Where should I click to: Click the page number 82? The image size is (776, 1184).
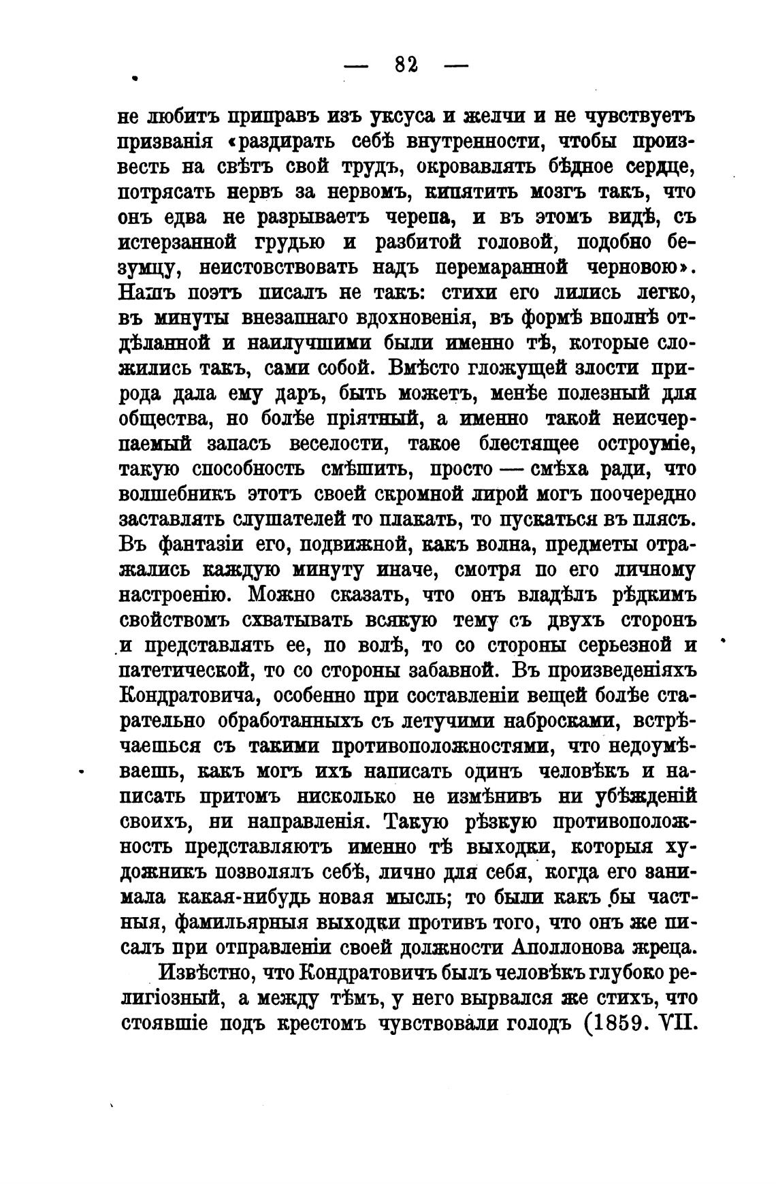[x=406, y=65]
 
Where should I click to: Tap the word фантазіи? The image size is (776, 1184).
[x=190, y=545]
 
